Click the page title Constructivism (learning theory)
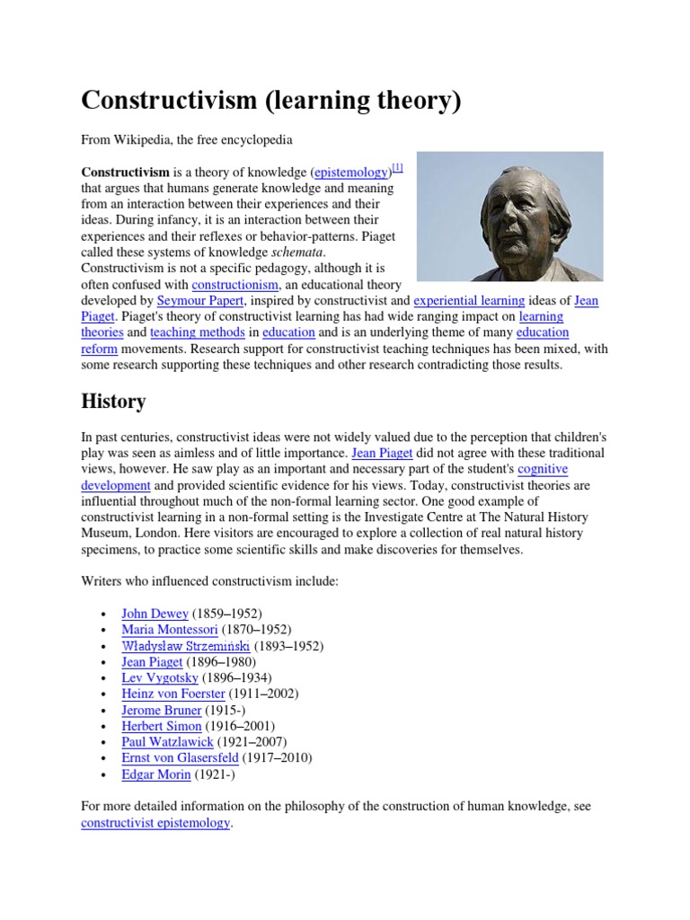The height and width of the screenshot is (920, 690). point(270,100)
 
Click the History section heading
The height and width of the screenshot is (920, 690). point(113,401)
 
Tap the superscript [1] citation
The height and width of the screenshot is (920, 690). point(398,168)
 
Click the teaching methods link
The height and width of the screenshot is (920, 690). point(190,332)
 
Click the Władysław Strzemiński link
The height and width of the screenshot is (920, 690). point(185,646)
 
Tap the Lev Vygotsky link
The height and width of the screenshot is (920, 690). point(159,677)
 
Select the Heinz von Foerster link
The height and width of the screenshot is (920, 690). point(172,694)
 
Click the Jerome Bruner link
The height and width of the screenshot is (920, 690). point(161,710)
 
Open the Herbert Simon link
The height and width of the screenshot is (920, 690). point(161,726)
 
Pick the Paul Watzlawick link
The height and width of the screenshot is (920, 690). point(167,742)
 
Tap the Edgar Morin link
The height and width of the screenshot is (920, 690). point(155,774)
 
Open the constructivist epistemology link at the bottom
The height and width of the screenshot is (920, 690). point(155,823)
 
